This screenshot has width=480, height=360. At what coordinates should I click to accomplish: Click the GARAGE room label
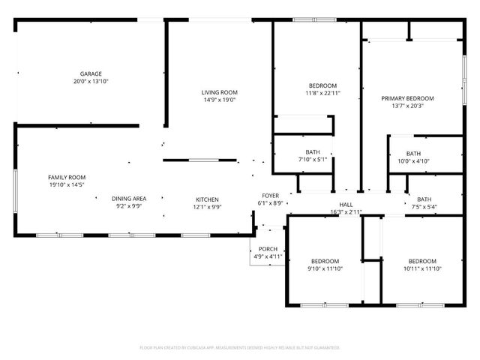91,74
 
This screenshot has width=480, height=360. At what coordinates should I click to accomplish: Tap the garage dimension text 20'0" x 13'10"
91,81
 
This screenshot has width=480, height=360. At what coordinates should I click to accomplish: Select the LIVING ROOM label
219,92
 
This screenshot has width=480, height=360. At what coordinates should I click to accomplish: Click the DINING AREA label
129,199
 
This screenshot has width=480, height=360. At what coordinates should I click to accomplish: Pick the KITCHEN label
208,199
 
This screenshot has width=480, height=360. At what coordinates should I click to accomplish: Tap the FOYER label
271,196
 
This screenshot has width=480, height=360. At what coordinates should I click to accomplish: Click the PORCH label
268,250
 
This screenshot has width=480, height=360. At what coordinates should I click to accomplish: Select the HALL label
346,205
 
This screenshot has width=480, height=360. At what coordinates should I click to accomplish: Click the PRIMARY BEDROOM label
408,98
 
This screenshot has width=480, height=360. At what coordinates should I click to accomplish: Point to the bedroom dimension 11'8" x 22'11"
322,93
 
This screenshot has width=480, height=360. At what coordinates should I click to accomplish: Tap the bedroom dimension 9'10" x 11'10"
325,268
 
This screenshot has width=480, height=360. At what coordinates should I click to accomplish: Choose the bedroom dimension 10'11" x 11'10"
422,268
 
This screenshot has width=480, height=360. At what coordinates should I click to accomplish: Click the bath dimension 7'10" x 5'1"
312,159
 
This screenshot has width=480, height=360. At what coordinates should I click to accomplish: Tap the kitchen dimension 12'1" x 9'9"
208,206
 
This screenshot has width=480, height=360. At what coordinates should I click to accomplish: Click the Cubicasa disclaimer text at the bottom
240,348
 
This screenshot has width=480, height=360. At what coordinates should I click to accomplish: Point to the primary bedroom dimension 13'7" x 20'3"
408,106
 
